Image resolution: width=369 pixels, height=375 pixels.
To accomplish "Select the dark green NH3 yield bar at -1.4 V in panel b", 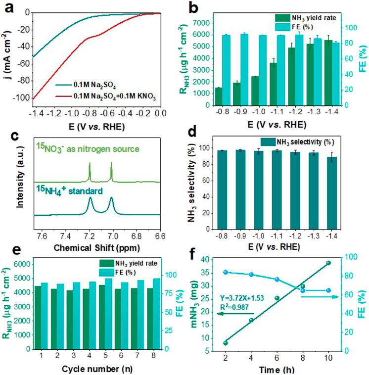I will pos(328,73).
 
